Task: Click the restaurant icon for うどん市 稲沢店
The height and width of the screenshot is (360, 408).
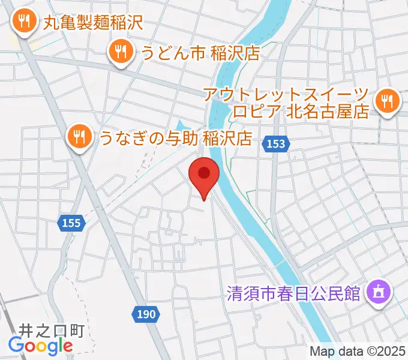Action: (x=121, y=52)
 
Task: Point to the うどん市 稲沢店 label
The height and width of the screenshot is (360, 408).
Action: (x=200, y=53)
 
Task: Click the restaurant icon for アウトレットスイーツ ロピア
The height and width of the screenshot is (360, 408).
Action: (x=387, y=101)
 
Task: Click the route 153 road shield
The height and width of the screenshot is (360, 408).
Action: (x=277, y=143)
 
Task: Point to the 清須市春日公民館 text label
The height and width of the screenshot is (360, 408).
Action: (x=293, y=294)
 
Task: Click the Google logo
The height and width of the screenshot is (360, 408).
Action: (x=40, y=346)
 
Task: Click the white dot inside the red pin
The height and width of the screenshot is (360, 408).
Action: (x=204, y=173)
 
